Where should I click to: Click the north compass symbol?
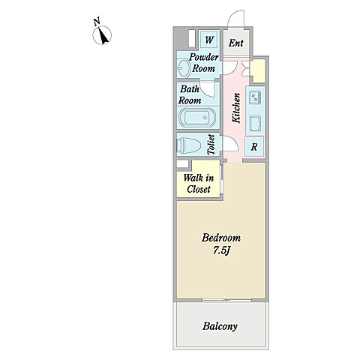pos(102,35)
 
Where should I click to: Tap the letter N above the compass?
pos(97,21)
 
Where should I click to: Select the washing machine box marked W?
pos(209,40)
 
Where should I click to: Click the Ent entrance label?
pos(236,43)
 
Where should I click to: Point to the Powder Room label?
pos(204,62)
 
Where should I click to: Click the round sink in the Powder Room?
pos(184,67)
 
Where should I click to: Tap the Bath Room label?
pos(190,94)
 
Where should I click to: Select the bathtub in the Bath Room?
pos(197,118)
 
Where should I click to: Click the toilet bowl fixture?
pos(189,145)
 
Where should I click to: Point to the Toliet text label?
pos(211,145)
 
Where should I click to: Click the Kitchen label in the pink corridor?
pos(236,108)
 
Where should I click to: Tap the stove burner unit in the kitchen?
pos(255,96)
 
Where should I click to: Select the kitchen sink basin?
pos(255,123)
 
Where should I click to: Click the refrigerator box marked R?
pos(254,146)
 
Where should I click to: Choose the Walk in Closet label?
pos(199,184)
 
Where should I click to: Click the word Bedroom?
pos(221,238)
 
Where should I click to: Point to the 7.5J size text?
pos(221,250)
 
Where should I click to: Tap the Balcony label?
pos(220,326)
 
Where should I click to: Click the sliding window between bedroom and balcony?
pos(226,300)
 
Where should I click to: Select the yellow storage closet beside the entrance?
pos(258,70)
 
